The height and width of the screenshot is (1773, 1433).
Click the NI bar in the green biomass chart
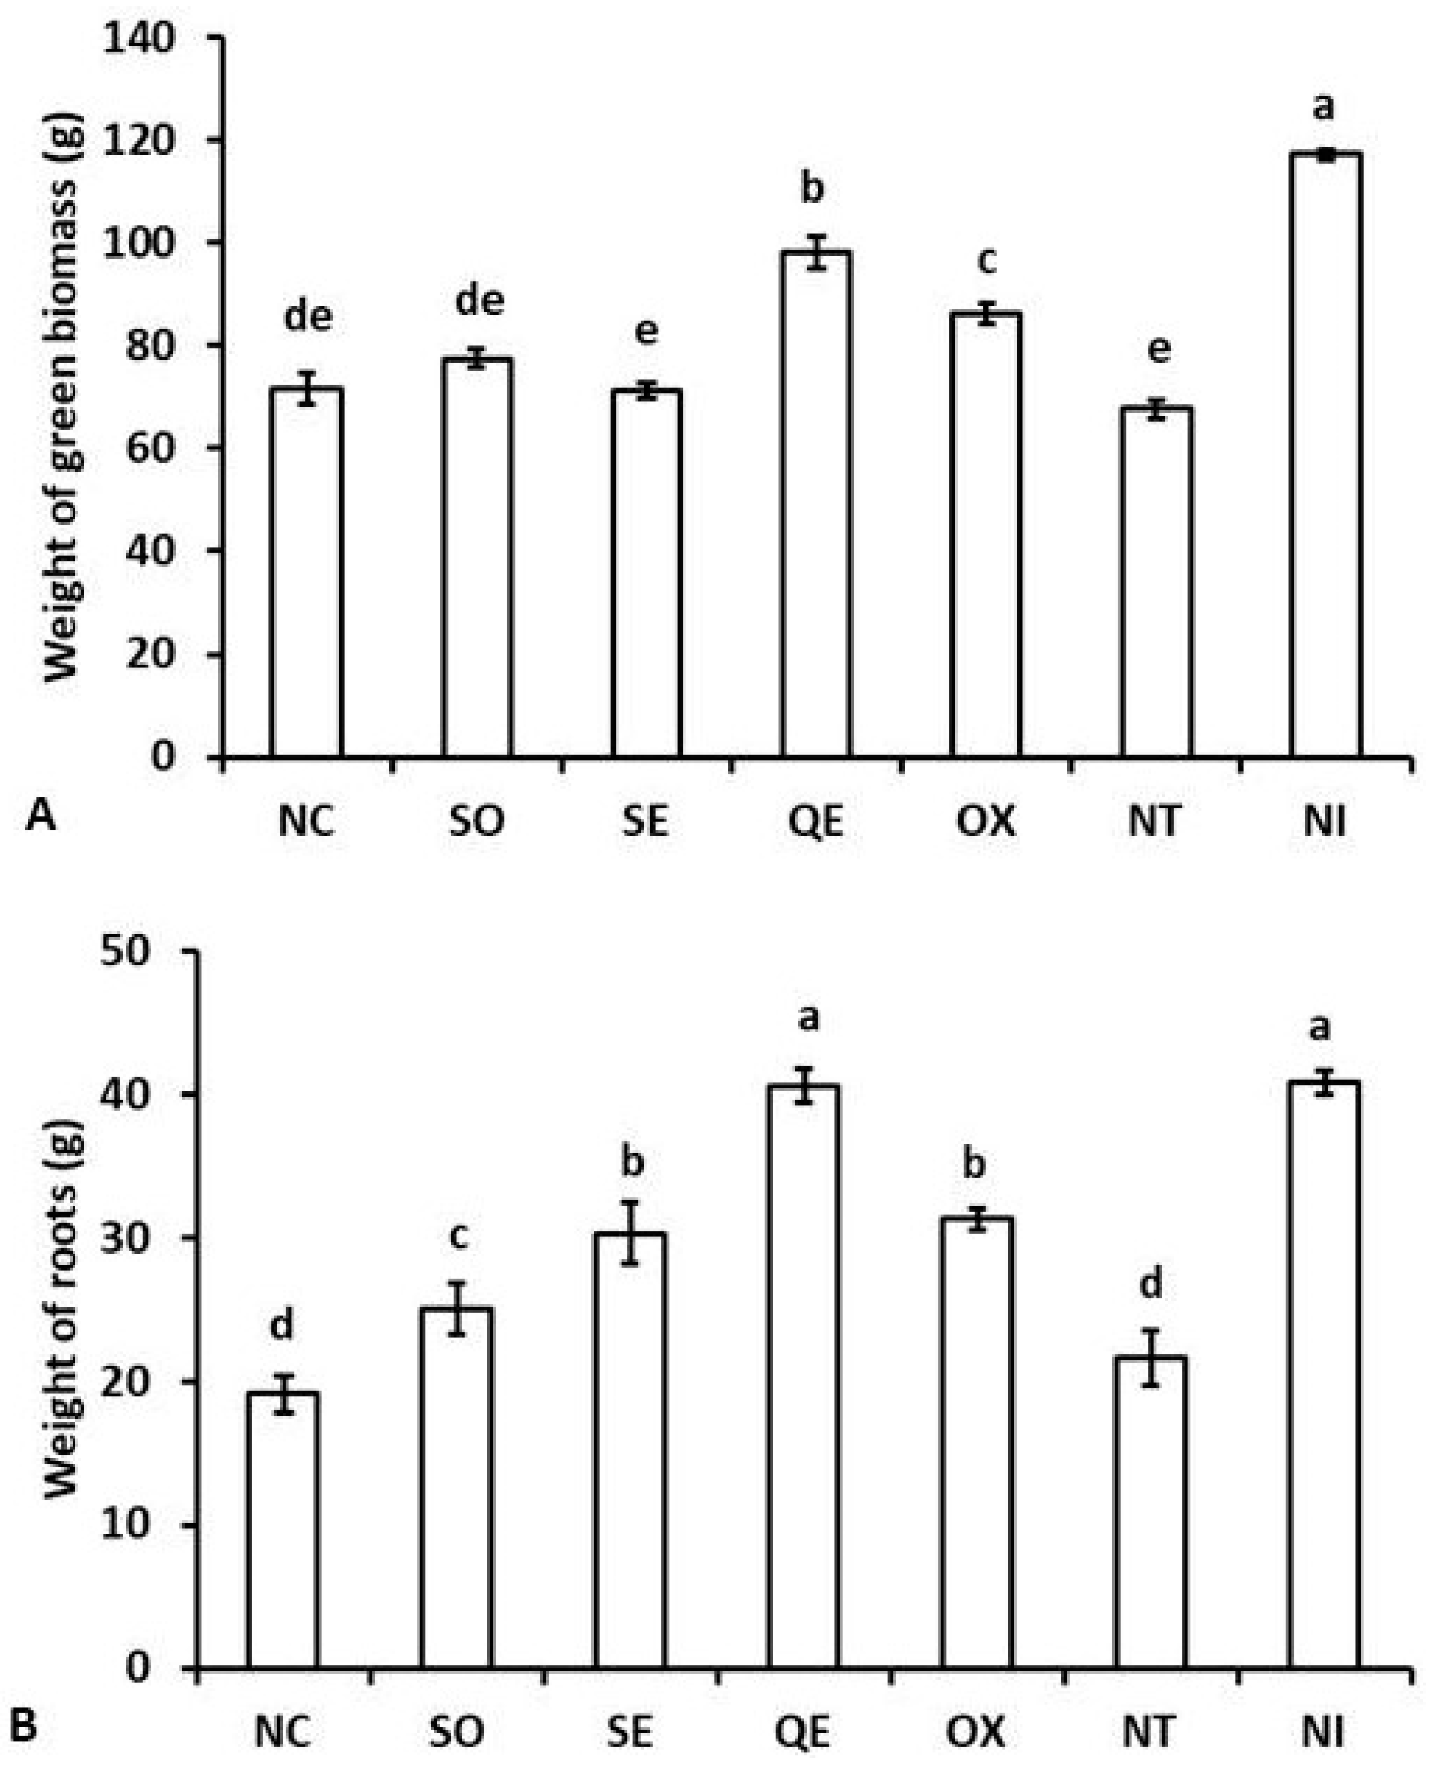coord(1324,454)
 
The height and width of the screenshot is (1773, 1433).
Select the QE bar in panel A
coord(816,504)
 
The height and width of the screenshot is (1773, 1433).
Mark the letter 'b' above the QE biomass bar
coord(813,188)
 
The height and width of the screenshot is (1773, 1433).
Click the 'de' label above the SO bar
coord(480,300)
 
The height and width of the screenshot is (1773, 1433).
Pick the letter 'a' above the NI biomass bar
coord(1323,108)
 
